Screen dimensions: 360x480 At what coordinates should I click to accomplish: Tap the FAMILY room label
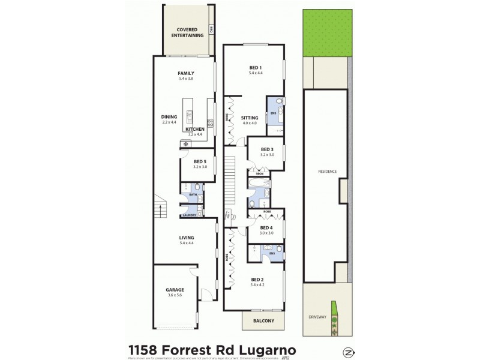tap(185, 73)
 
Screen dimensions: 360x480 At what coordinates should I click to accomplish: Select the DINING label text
tap(169, 116)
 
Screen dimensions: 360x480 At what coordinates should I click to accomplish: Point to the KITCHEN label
tap(195, 129)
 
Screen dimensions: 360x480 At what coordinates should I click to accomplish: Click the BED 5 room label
tap(200, 161)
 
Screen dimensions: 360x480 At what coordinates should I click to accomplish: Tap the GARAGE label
tap(175, 290)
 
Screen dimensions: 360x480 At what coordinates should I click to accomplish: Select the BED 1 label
tap(256, 67)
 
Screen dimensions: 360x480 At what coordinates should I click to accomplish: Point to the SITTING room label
tap(249, 118)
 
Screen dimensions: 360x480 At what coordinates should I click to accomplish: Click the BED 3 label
tap(267, 149)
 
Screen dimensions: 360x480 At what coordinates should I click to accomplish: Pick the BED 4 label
tap(266, 227)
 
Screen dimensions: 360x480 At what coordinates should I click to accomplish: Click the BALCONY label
tap(263, 321)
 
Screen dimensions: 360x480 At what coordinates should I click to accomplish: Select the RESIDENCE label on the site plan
tap(328, 172)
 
